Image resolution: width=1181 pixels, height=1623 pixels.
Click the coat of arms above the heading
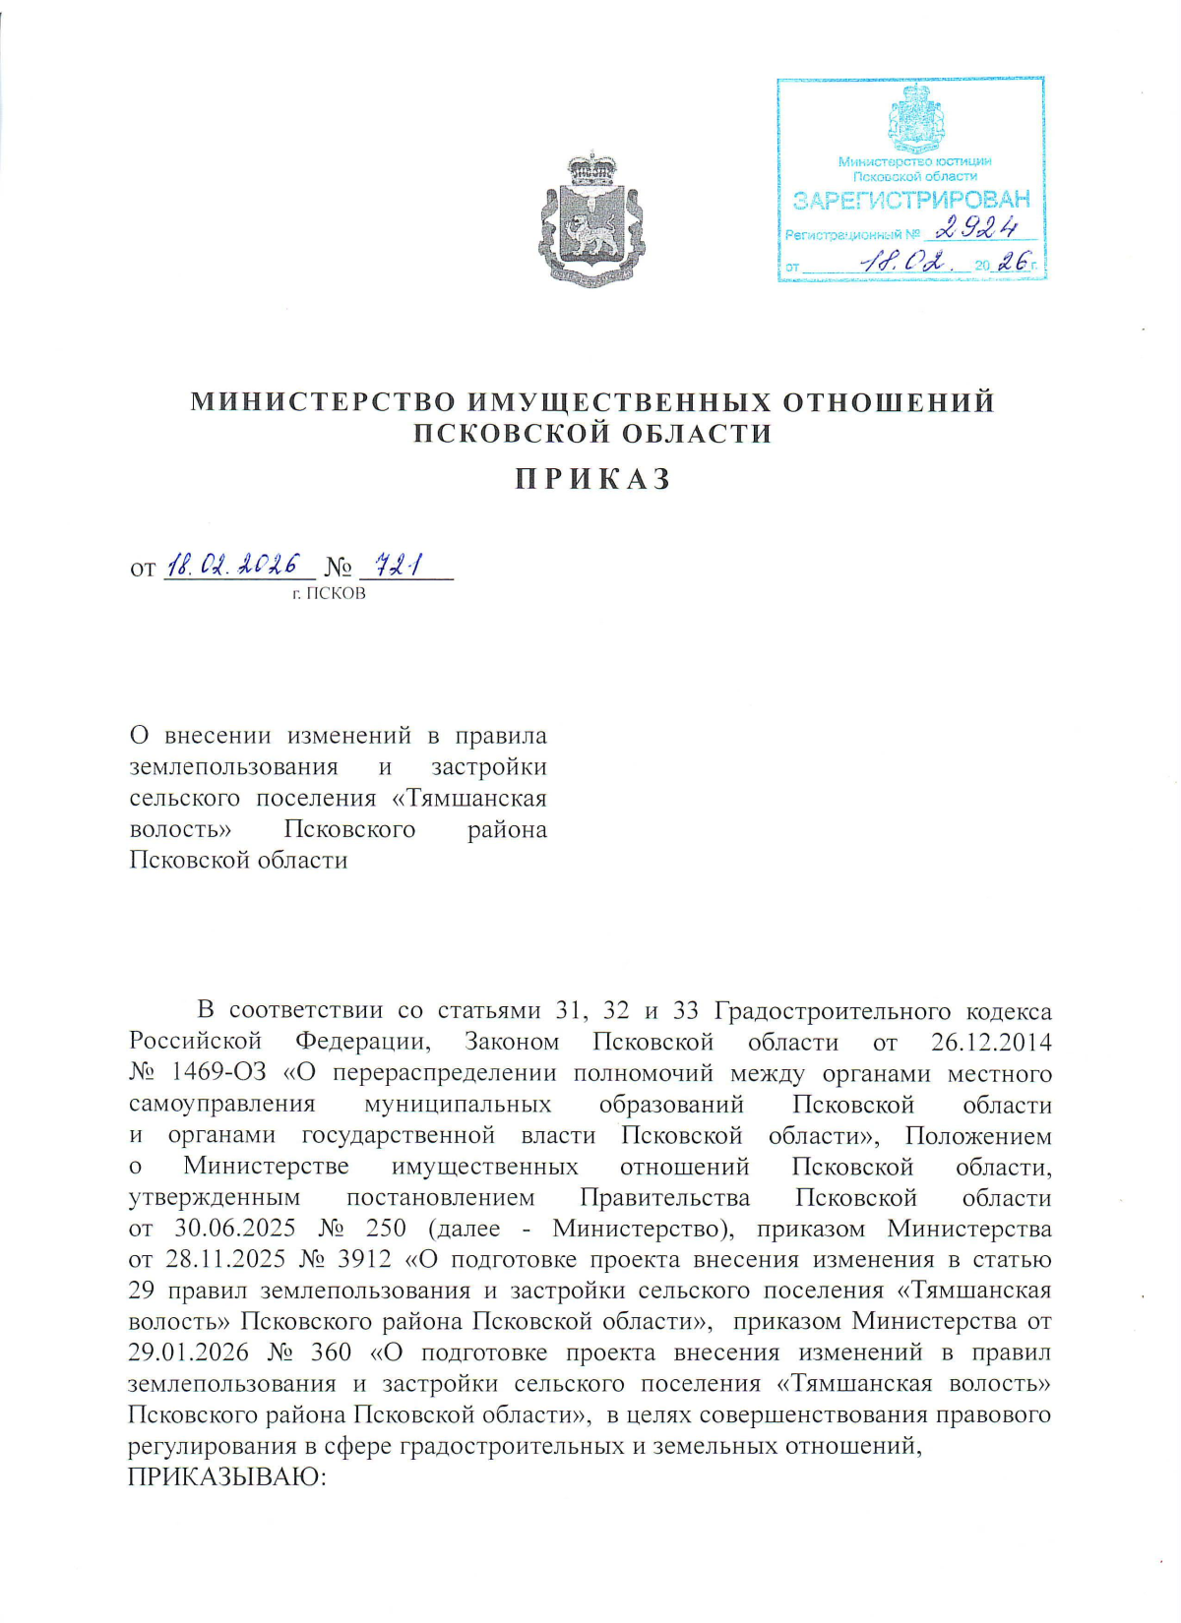590,218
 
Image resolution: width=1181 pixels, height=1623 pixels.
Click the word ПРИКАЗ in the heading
593,479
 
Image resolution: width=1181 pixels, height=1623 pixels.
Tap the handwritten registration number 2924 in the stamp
976,229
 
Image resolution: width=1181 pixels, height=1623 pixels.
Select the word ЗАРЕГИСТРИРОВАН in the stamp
911,201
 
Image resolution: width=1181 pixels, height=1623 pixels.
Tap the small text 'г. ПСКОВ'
329,593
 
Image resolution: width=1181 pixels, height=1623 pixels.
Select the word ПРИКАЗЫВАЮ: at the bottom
226,1476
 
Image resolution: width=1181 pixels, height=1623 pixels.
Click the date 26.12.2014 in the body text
991,1042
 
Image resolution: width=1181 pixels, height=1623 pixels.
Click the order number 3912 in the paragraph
363,1259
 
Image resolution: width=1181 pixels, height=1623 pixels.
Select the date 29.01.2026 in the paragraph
188,1352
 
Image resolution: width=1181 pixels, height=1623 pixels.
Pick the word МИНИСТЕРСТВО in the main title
323,402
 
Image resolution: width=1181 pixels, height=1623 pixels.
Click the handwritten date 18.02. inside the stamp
901,263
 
